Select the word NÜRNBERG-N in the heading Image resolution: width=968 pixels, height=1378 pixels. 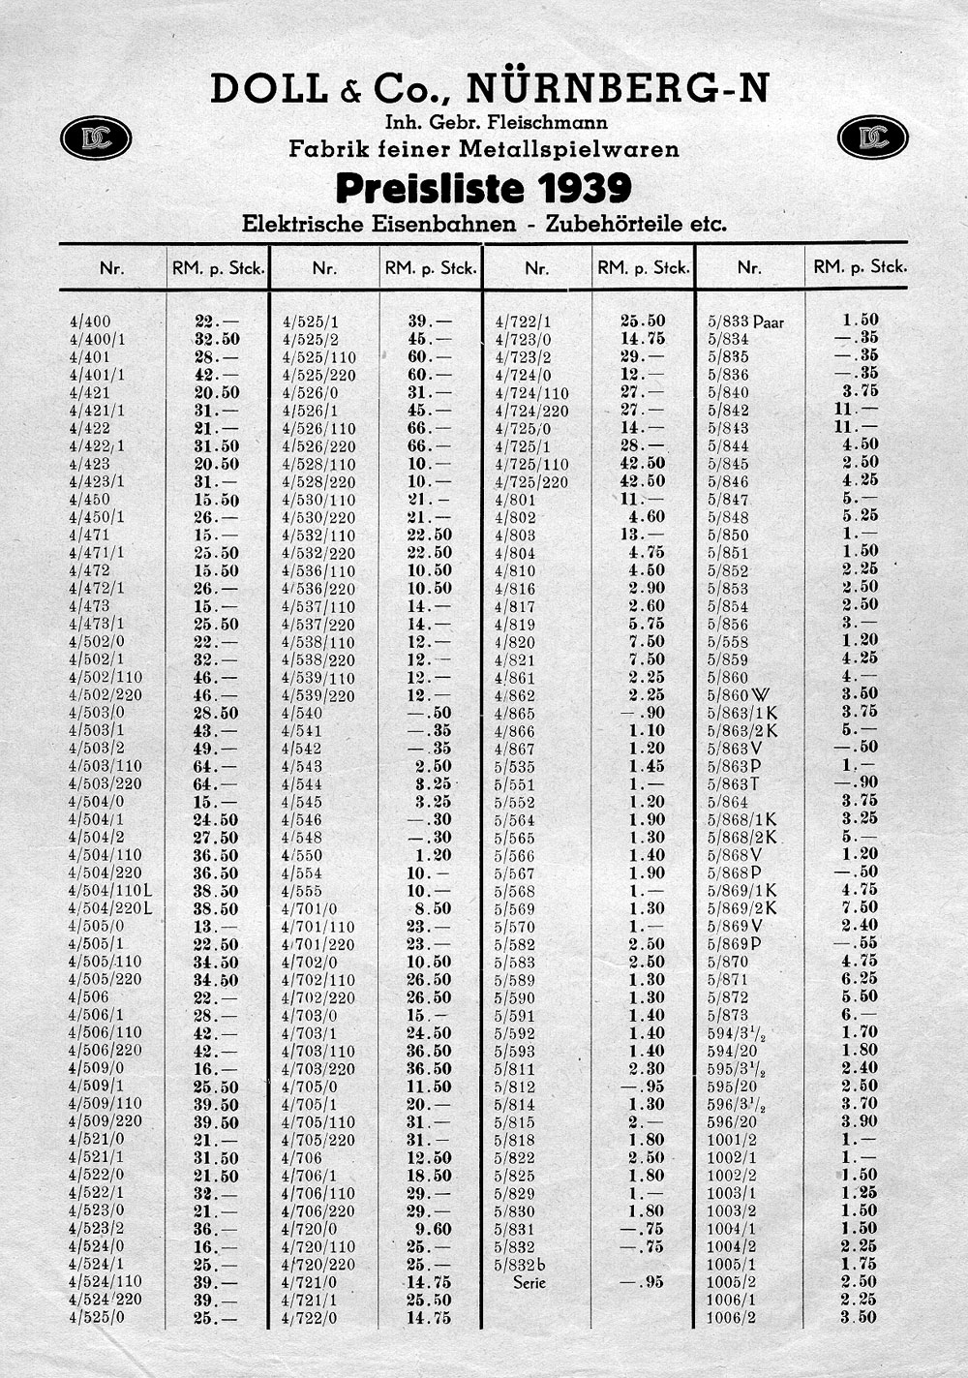[x=619, y=89]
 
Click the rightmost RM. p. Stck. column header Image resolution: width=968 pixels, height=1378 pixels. [x=860, y=266]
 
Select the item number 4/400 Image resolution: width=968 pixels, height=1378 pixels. [x=90, y=322]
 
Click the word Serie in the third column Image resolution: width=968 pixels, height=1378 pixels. [x=529, y=1282]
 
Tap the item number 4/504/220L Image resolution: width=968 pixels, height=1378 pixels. [x=111, y=908]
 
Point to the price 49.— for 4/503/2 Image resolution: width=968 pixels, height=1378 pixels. [x=216, y=749]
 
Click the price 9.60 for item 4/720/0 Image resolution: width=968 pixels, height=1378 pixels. [x=433, y=1228]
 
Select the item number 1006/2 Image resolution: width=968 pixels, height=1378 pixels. [x=732, y=1317]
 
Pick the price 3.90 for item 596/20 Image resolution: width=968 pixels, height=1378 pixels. [x=860, y=1120]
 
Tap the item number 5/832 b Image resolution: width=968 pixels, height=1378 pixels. [x=520, y=1265]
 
